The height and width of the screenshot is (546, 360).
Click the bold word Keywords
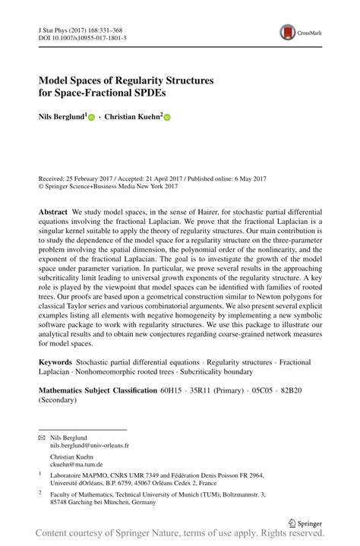[55, 363]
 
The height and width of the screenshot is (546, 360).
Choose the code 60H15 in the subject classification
[172, 390]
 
